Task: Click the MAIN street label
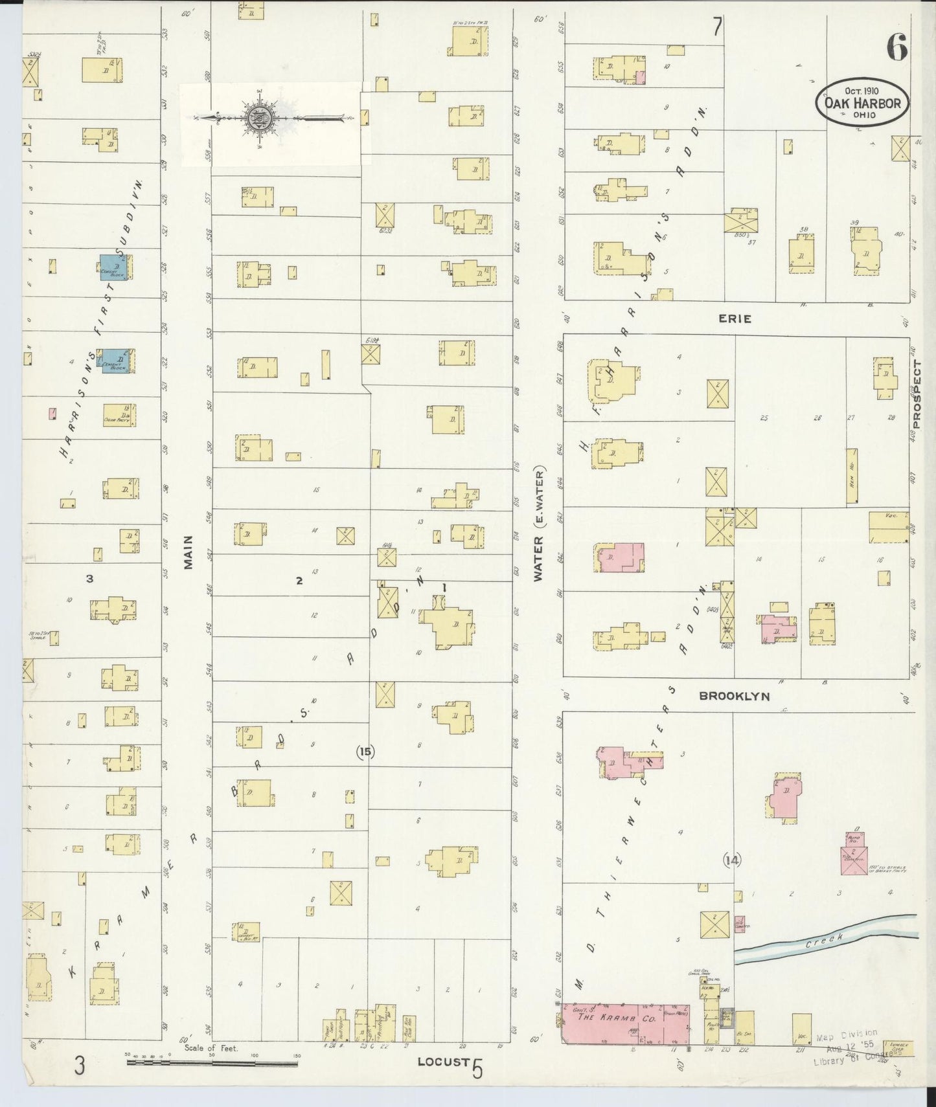tap(188, 552)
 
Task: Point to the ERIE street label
tap(735, 319)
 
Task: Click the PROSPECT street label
tap(917, 394)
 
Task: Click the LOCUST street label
tap(443, 1062)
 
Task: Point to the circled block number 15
tap(365, 752)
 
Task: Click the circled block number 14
tap(732, 860)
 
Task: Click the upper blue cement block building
tap(114, 268)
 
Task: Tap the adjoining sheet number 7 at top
tap(717, 27)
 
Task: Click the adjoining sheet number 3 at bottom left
tap(79, 1066)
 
